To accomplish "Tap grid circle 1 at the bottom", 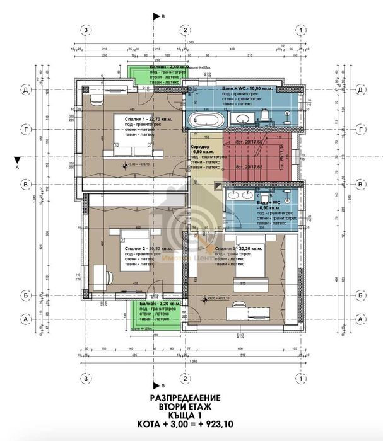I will point(305,378).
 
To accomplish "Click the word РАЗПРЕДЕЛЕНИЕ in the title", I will point(185,398).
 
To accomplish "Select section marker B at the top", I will point(163,16).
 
